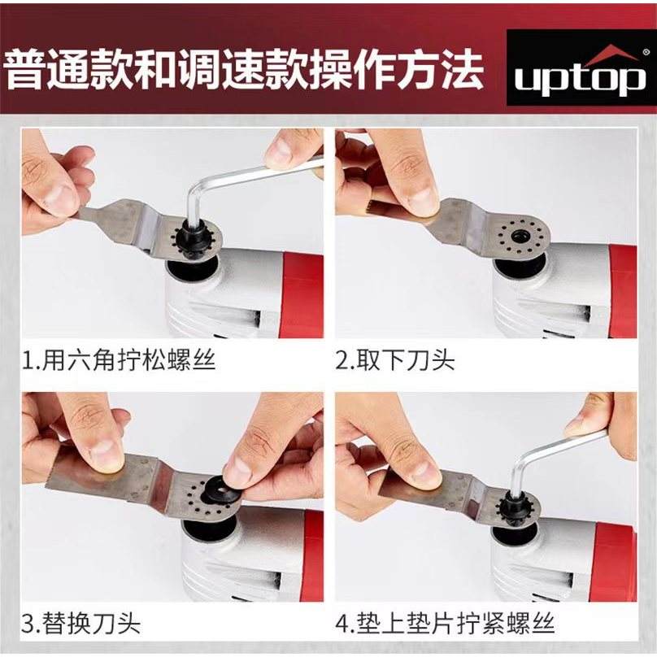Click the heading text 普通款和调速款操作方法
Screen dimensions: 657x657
pyautogui.click(x=245, y=70)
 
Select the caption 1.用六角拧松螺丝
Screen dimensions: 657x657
pyautogui.click(x=119, y=359)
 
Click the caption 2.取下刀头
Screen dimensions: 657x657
pyautogui.click(x=394, y=359)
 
